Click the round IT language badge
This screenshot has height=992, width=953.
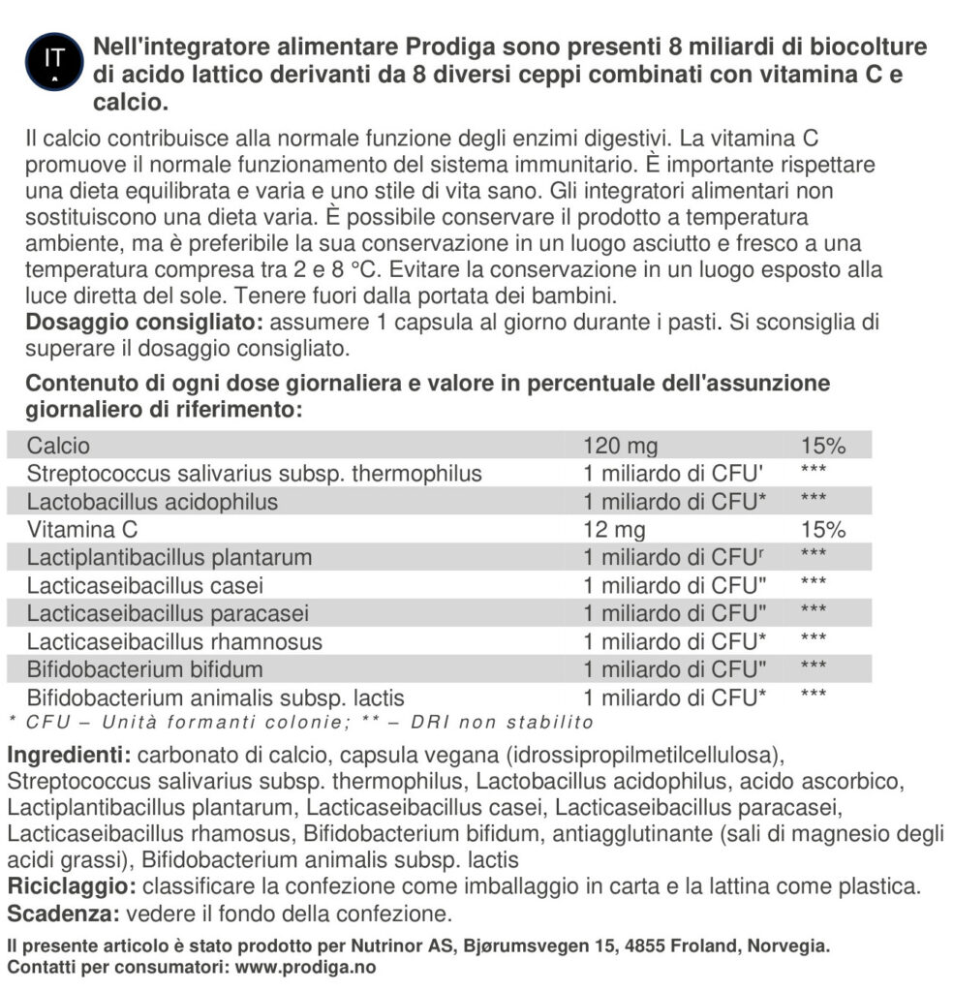point(54,61)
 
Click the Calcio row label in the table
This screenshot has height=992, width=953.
point(58,446)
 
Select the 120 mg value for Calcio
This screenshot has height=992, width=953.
point(620,446)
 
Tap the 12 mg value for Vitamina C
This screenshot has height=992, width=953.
point(614,530)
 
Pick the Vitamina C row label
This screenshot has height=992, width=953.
point(82,530)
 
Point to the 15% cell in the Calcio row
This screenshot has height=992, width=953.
point(823,446)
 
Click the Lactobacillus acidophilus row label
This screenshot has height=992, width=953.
point(152,502)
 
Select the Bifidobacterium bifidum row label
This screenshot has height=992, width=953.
point(144,669)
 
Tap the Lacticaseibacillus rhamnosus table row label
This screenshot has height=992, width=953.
point(174,641)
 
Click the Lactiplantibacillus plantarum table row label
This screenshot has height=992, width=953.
point(169,558)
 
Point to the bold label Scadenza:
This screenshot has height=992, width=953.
point(61,914)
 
